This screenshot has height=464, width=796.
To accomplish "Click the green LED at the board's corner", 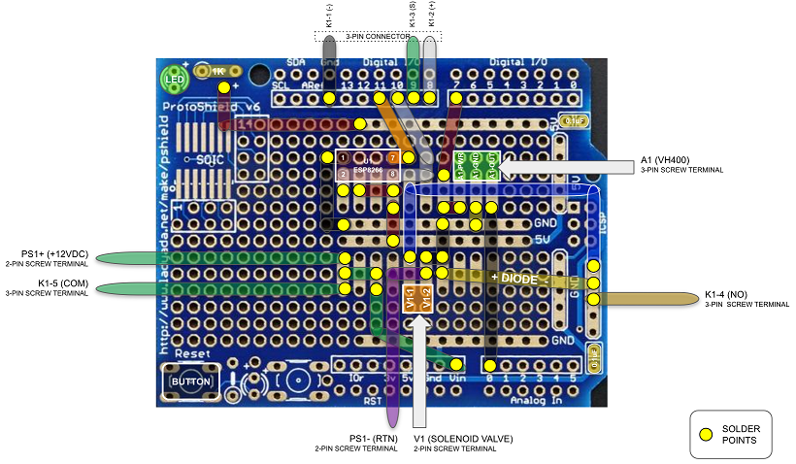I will tap(175, 79).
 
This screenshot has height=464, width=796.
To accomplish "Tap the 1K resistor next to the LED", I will tap(213, 72).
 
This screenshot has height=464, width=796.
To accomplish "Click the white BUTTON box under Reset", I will tap(189, 381).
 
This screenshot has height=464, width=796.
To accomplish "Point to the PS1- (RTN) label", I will tap(374, 439).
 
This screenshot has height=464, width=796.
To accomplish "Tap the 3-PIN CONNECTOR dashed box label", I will tap(379, 36).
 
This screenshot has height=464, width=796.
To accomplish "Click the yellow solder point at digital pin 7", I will tap(455, 98).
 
